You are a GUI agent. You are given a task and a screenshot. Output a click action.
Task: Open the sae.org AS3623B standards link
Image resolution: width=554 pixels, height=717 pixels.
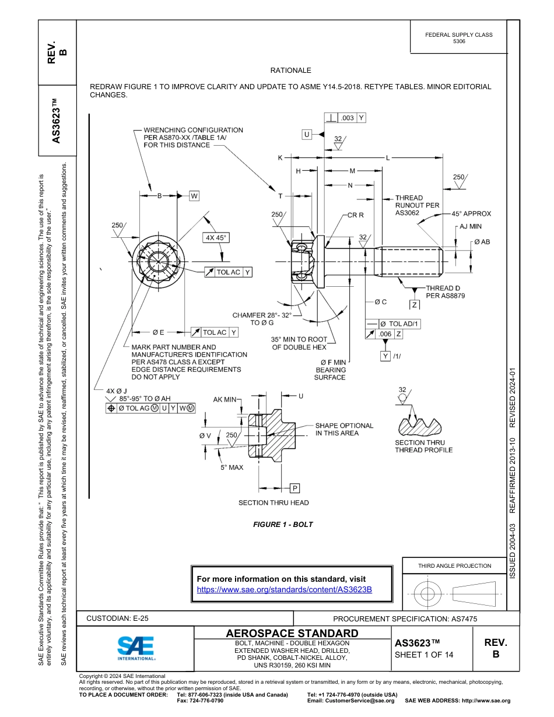point(285,589)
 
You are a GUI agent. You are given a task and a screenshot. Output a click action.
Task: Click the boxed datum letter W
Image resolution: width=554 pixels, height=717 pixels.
point(194,195)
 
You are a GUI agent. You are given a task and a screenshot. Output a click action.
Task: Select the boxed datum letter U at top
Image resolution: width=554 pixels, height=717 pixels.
point(306,135)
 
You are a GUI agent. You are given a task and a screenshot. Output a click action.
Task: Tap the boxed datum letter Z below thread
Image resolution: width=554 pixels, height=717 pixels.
point(415,305)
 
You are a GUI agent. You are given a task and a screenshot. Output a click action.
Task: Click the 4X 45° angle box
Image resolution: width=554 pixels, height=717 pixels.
point(215,238)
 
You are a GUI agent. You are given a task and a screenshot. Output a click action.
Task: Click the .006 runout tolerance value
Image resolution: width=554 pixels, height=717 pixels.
point(385,334)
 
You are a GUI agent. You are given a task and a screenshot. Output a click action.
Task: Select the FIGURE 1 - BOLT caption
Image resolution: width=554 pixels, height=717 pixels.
point(283,525)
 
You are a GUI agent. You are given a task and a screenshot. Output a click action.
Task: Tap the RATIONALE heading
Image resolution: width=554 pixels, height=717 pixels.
point(290,71)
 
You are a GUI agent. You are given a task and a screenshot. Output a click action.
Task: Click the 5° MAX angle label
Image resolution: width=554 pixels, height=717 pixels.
point(232,468)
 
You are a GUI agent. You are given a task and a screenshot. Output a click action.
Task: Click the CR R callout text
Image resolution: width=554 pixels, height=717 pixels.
point(355,215)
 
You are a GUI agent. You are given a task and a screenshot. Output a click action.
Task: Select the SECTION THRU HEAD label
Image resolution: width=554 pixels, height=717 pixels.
point(274,502)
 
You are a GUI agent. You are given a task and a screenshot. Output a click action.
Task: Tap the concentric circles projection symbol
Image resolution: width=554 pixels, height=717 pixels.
point(428,594)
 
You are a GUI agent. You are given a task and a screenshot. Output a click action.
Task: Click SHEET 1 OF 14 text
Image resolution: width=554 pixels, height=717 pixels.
point(423,655)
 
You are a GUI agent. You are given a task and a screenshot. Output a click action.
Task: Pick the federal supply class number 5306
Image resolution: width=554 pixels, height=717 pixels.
point(459,42)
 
